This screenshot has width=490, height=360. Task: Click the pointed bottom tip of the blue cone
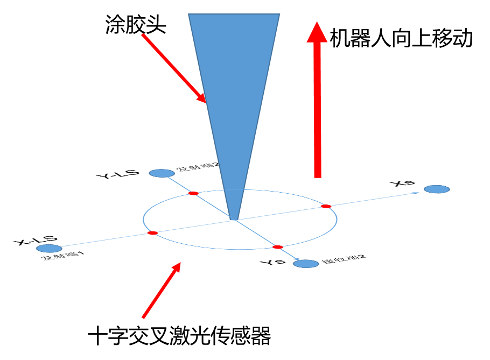pos(234,218)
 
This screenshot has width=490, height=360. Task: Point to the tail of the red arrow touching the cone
pos(143,35)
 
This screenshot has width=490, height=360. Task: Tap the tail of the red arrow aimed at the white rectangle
pos(143,317)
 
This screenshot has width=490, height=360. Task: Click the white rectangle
pos(238,237)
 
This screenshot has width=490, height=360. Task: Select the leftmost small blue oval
pos(49,249)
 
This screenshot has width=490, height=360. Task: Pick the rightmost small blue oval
pos(437,189)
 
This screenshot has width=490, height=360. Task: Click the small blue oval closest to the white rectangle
pos(306,264)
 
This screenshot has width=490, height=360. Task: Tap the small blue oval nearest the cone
pos(162,173)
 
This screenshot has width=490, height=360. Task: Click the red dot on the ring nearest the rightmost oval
pos(325,206)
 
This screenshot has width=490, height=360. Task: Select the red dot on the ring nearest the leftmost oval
pos(152,233)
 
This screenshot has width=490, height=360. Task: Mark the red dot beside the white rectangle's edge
pos(277,247)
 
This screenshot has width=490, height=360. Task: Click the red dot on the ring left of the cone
pos(193,193)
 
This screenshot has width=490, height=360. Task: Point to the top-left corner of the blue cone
pos(189,15)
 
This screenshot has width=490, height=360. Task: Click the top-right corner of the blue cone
pos(279,15)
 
